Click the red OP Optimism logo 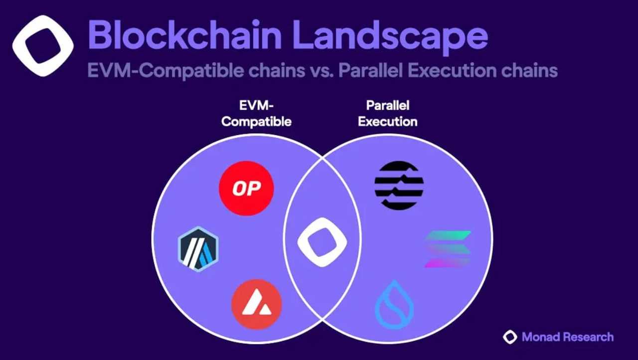coord(246,188)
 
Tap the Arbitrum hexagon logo coord(198,249)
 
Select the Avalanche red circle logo coord(257,305)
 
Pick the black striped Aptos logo coord(399,185)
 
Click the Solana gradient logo coord(448,249)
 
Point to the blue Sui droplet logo coord(394,305)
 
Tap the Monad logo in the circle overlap coord(322,242)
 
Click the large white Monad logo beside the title coord(43,46)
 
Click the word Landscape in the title coord(391,37)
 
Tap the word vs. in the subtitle coord(322,71)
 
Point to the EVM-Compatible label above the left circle coord(256,113)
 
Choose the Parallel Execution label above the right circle coord(388,113)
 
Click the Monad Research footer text coord(568,337)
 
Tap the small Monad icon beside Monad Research coord(510,337)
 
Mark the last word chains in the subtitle coord(529,70)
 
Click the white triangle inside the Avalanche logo coord(256,303)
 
